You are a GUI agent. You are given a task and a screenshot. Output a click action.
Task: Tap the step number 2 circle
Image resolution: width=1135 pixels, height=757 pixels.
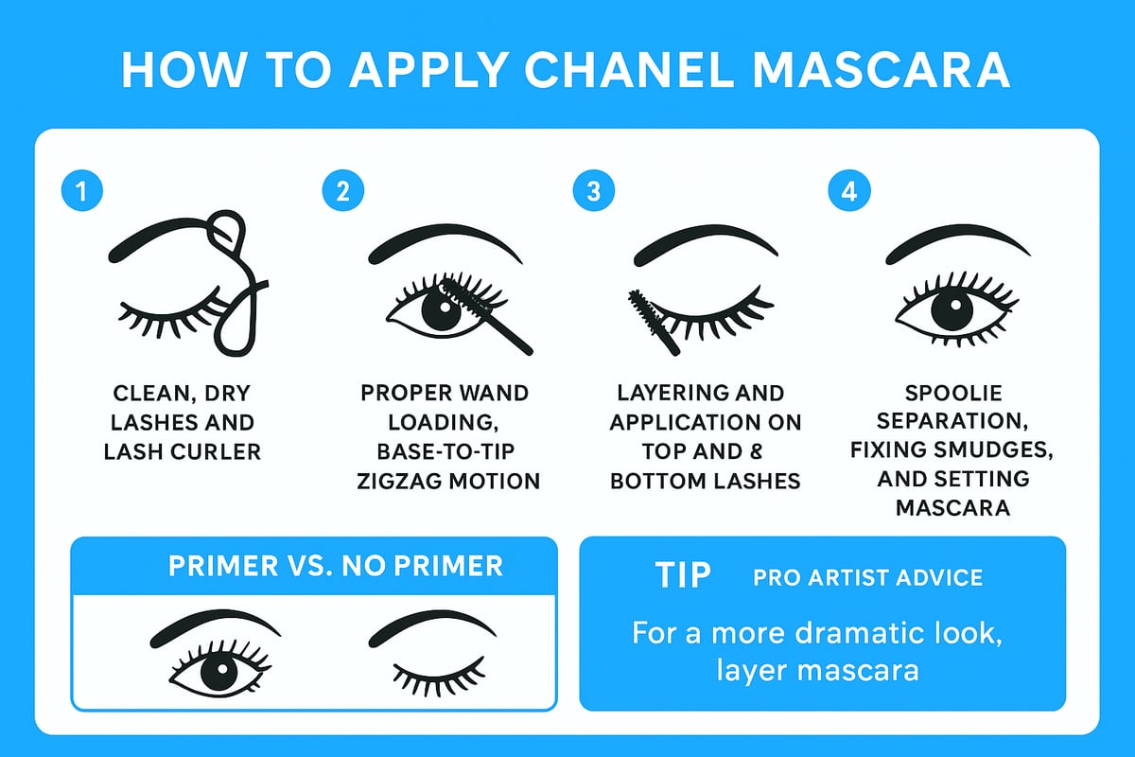(342, 191)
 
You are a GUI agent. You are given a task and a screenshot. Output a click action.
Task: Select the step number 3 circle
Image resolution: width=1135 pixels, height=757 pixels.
(594, 191)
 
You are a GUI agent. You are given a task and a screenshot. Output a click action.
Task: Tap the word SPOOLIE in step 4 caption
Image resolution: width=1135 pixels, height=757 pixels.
(952, 392)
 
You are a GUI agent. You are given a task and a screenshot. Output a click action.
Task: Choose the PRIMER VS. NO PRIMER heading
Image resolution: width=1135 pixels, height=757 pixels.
(336, 566)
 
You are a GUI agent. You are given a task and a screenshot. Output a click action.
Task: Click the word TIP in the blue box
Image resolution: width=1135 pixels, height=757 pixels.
(684, 575)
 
